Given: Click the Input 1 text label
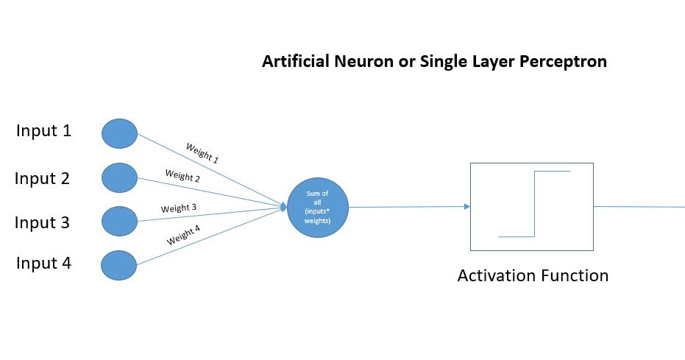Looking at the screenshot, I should click(44, 132).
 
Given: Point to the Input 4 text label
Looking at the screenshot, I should click(44, 263).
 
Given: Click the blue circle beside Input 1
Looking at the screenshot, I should click(119, 134).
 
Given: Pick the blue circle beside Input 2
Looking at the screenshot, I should click(119, 178).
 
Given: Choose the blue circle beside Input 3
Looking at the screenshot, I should click(119, 221).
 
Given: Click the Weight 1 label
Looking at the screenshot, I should click(202, 153).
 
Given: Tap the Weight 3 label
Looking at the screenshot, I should click(179, 208).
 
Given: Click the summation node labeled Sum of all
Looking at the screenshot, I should click(317, 207).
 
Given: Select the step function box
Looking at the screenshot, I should click(531, 207).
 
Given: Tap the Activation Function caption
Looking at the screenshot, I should click(533, 277).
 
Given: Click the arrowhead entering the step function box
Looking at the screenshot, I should click(466, 207).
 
